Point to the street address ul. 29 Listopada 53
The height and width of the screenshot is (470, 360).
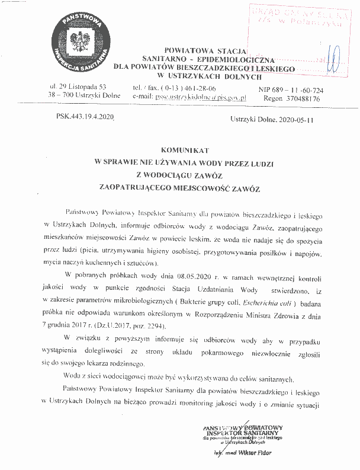click(78, 87)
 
